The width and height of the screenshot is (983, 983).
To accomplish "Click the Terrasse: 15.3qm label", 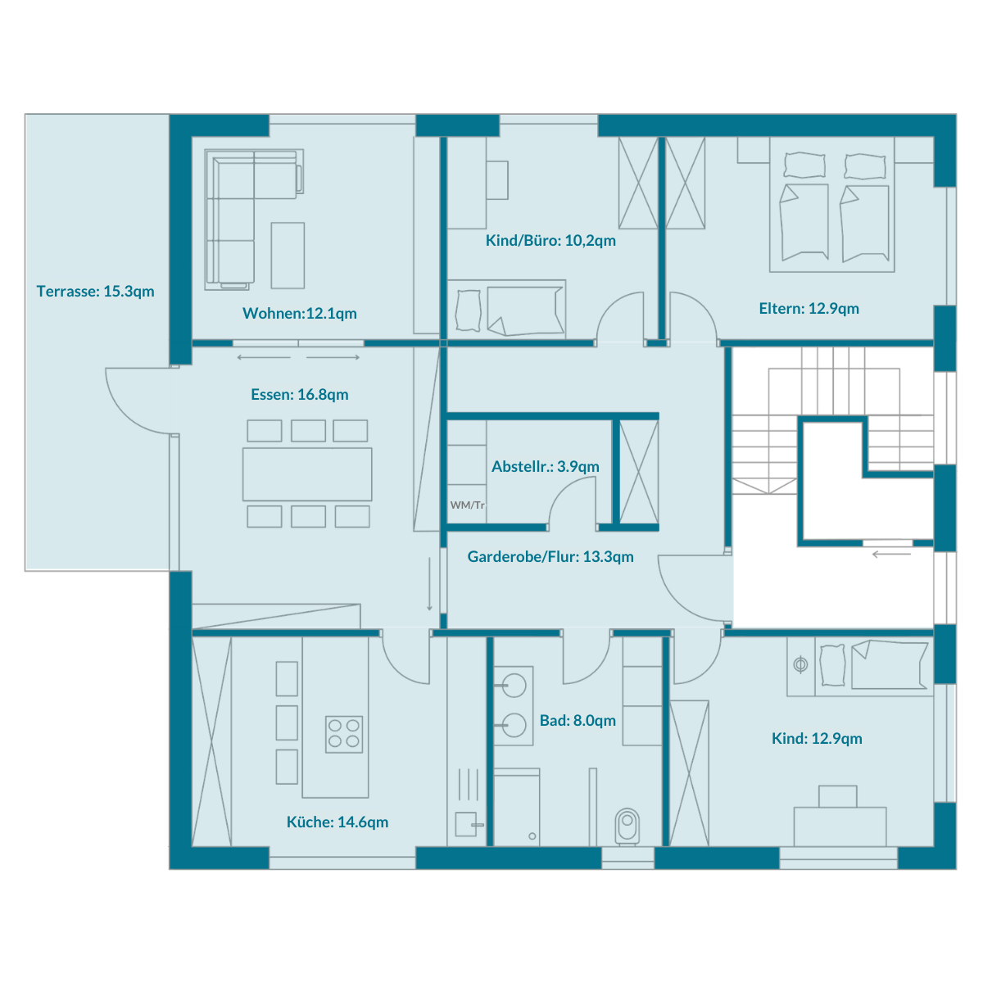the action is tap(95, 292).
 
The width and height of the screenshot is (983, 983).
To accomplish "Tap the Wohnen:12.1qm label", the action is tap(300, 313).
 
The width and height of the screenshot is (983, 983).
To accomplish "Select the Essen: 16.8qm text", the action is tap(300, 394).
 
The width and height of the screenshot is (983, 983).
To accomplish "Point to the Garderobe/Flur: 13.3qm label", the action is tap(550, 556).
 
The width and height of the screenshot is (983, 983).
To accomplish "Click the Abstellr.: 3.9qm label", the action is tap(546, 466).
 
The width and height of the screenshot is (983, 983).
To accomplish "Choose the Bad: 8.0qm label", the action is tap(578, 720).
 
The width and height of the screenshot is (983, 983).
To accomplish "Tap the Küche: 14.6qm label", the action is tap(337, 822).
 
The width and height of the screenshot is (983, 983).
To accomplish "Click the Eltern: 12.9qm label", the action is tap(809, 308).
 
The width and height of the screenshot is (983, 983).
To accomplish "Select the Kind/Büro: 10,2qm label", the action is tap(550, 240).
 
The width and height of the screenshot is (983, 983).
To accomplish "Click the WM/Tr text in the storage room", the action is tap(467, 505).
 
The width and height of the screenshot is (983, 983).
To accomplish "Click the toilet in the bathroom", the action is tap(627, 827).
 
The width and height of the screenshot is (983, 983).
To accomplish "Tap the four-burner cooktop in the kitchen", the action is tap(344, 734).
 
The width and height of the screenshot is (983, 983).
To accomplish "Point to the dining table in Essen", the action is tap(307, 474).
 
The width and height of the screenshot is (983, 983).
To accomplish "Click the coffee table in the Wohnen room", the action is tap(288, 255).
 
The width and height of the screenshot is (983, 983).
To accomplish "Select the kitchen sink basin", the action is tap(466, 824).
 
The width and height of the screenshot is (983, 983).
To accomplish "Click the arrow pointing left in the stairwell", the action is tap(891, 554).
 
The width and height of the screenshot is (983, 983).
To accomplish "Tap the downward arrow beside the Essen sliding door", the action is tap(429, 584).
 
